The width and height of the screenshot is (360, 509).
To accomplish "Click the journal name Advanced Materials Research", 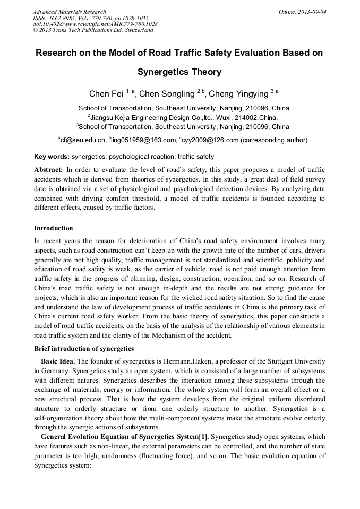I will pos(69,12).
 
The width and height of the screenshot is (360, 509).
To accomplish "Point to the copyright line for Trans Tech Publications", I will pos(93,30).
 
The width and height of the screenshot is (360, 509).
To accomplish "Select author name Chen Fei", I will pos(106,94).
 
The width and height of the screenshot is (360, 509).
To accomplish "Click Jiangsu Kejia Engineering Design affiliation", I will pos(159,117).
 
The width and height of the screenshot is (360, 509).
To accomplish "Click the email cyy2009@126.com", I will pos(211,141).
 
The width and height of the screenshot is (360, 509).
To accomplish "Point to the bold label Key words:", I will pos(52,157).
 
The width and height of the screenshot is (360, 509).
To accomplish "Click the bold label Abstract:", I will pos(49,169).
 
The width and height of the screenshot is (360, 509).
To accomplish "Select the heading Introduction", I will pos(54,228).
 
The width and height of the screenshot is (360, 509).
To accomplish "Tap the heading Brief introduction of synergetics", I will pos(84,349).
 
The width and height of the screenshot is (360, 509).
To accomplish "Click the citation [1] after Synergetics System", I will pos(204,437).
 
